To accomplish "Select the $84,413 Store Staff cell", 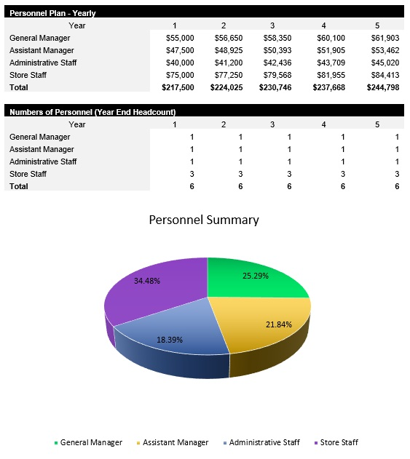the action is tap(386, 75).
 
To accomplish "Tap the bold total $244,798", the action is tap(384, 87).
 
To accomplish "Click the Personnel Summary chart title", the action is tap(204, 220).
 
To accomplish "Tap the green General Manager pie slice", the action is tap(251, 280).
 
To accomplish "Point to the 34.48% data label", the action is tap(147, 281).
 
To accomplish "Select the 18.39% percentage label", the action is tap(170, 340).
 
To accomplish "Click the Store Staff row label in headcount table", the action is tap(28, 174).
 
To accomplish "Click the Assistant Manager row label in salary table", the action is tap(42, 50).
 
